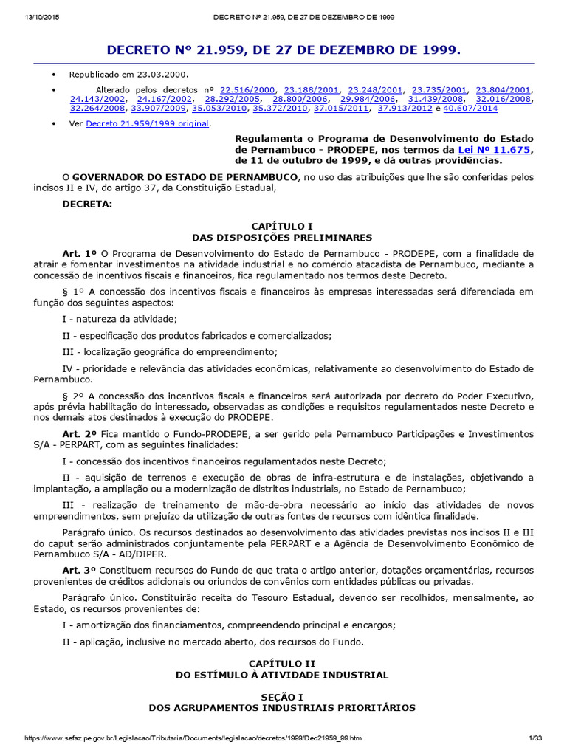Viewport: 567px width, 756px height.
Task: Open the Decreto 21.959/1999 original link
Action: tap(148, 123)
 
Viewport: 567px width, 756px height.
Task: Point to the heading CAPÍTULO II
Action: tap(283, 664)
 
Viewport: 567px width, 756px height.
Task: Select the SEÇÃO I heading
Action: tap(283, 696)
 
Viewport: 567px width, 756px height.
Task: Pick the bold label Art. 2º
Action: tap(80, 433)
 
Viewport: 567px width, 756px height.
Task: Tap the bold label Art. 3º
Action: tap(80, 570)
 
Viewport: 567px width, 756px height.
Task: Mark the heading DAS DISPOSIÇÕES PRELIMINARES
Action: tap(283, 238)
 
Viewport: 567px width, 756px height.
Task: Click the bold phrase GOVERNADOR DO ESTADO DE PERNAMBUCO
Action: tap(185, 177)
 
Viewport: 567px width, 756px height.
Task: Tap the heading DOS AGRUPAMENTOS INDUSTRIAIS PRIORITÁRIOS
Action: tap(283, 707)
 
